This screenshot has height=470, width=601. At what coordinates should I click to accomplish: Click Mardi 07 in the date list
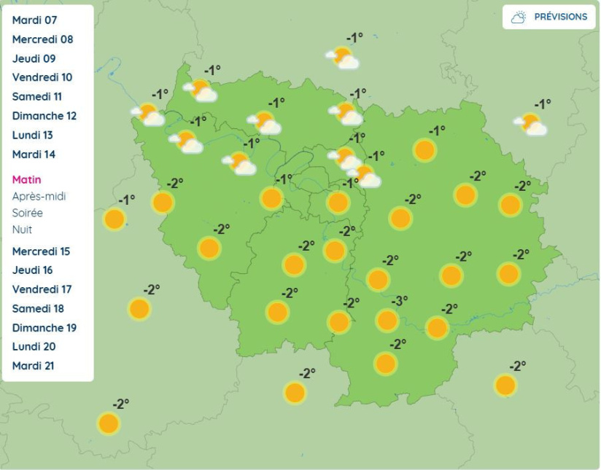tap(34, 20)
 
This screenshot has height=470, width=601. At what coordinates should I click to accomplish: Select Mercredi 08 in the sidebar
tap(43, 39)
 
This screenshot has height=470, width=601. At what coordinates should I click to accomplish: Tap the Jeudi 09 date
tap(34, 58)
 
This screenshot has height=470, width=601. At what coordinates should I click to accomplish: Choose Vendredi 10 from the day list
tap(42, 77)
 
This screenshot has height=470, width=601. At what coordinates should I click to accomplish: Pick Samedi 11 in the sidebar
tap(37, 96)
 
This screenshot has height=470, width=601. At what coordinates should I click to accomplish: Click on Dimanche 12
tap(44, 116)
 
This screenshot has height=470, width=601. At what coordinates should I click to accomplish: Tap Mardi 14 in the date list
tap(34, 154)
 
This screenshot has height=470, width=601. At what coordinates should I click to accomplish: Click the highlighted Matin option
tap(27, 180)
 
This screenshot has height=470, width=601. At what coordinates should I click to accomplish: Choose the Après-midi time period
tap(39, 196)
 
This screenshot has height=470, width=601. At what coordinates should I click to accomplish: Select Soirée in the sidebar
tap(28, 213)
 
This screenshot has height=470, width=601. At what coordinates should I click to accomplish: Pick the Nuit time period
tap(22, 230)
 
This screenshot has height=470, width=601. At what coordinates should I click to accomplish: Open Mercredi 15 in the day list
tap(42, 251)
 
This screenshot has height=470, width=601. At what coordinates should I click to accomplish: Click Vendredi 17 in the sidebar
tap(42, 289)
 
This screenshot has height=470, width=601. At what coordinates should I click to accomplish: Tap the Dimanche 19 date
tap(44, 328)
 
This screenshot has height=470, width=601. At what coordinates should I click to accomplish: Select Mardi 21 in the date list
tap(34, 366)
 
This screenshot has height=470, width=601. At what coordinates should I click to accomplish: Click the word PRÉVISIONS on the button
tap(560, 17)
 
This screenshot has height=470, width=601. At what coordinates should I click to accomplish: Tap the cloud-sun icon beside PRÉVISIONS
tap(519, 17)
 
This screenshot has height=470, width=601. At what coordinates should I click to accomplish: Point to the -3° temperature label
tap(400, 300)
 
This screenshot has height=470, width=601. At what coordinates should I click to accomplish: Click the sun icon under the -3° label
tap(387, 320)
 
